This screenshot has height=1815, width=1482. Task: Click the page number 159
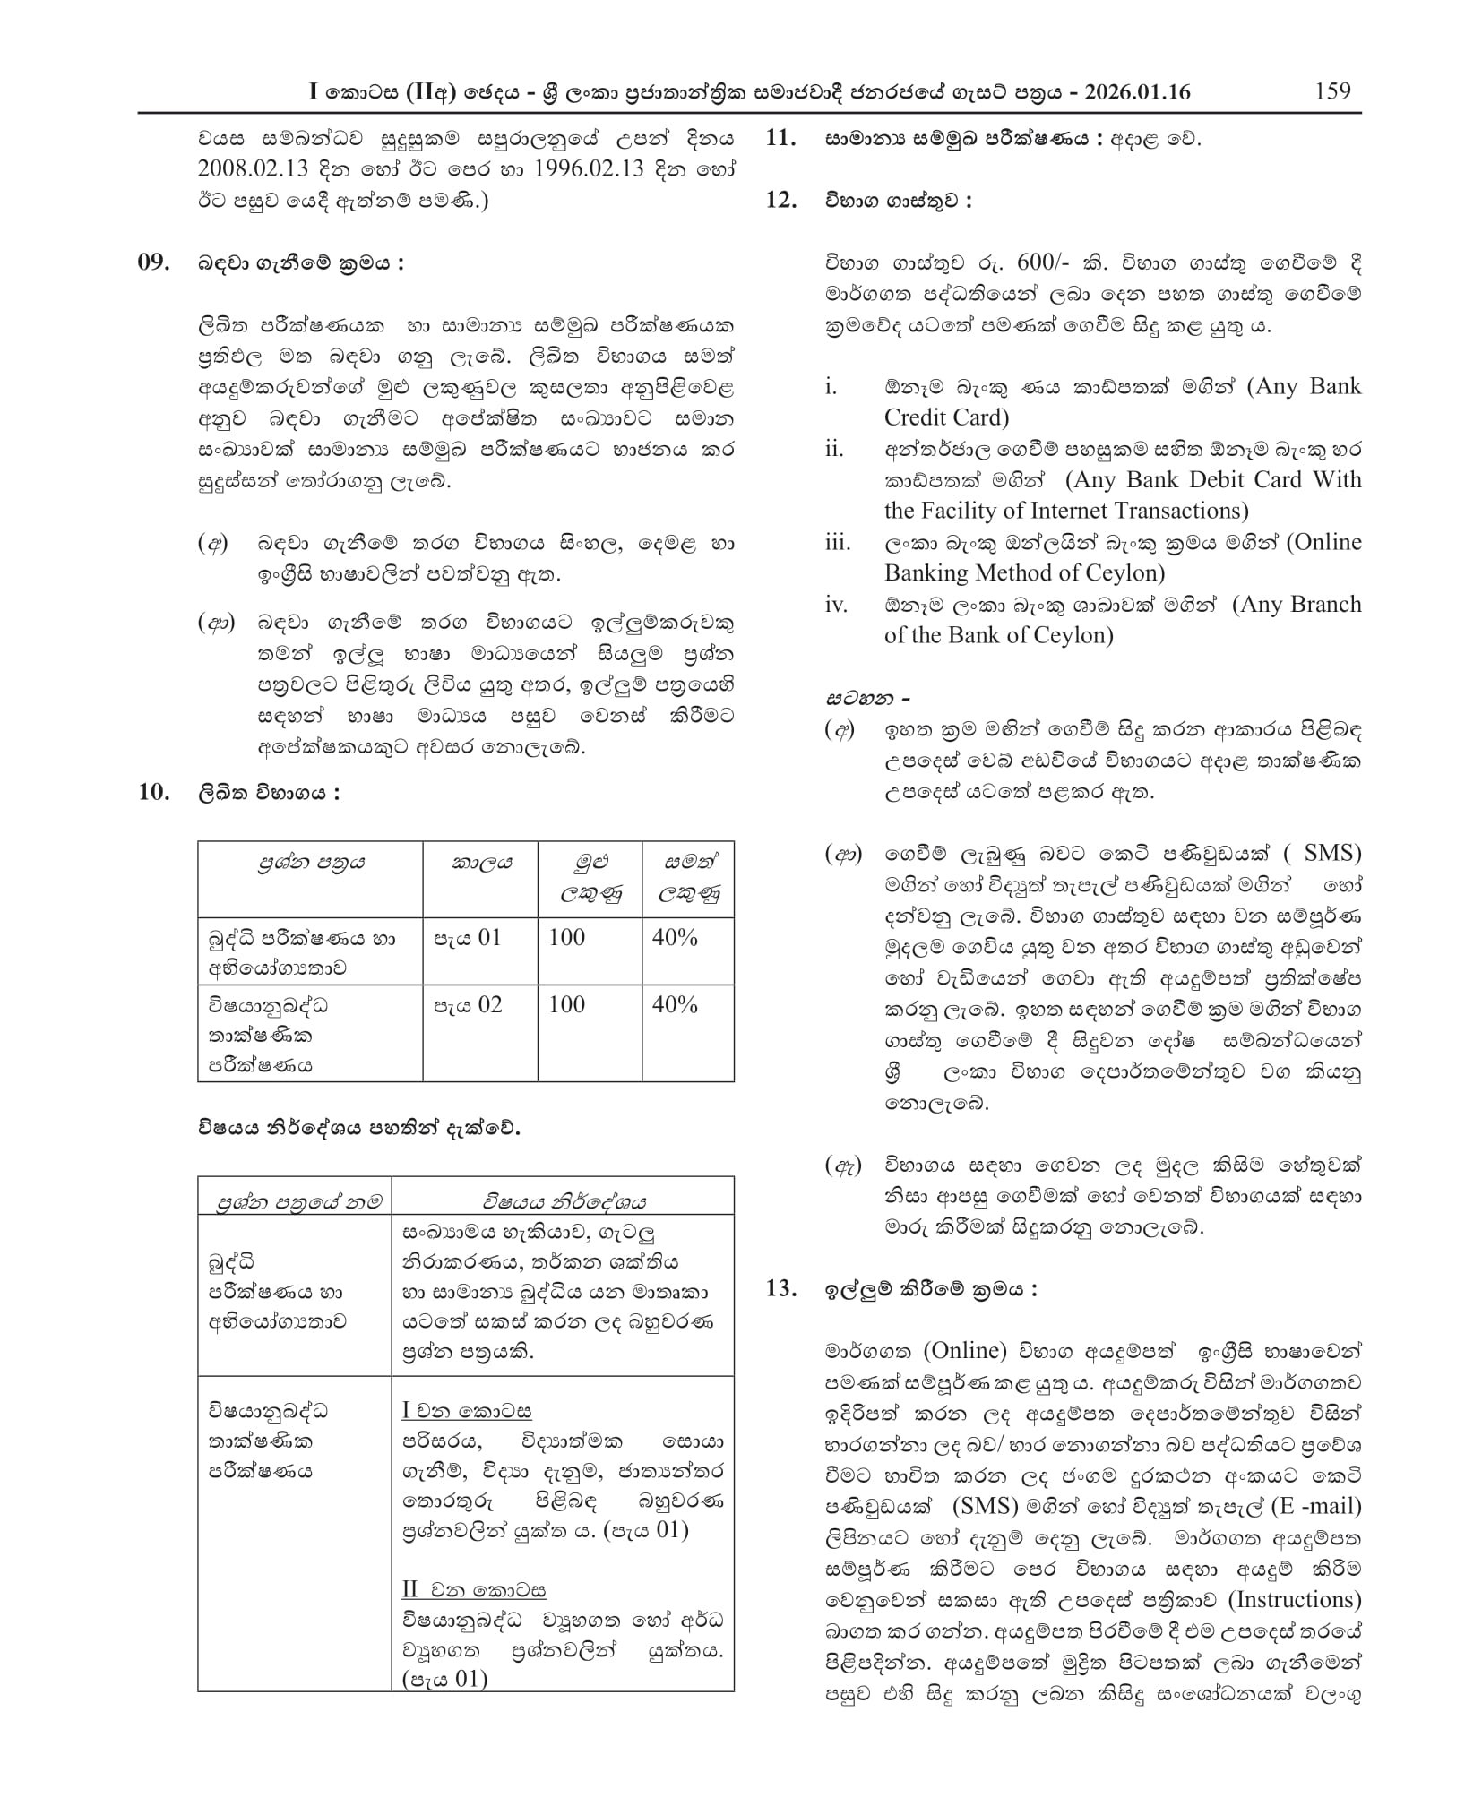point(1332,91)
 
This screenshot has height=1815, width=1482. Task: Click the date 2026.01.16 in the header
point(1137,92)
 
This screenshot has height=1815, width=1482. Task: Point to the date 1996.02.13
point(587,169)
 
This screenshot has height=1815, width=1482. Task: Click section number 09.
point(152,262)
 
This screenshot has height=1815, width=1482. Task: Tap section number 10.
point(152,792)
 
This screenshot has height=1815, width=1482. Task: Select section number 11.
point(780,139)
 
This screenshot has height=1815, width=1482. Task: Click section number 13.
point(780,1289)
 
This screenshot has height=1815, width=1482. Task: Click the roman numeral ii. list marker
point(834,449)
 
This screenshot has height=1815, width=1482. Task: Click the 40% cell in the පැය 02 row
point(674,1005)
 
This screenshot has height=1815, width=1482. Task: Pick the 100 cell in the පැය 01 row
point(566,938)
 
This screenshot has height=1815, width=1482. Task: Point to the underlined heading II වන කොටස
point(473,1590)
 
